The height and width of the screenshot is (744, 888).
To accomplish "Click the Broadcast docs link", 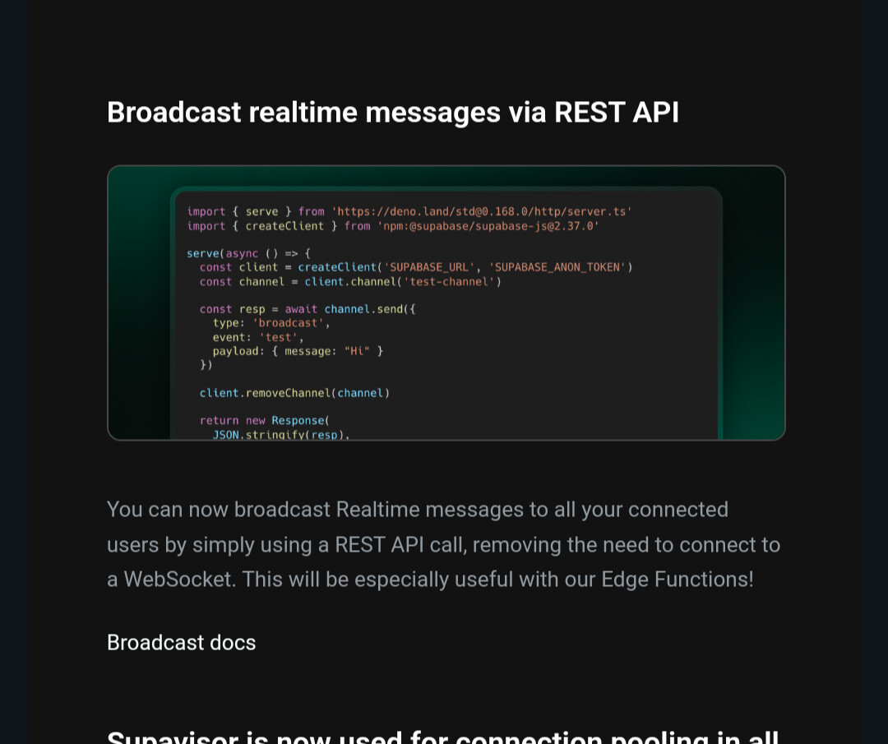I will [x=181, y=642].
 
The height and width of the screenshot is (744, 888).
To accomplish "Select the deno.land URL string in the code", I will [x=482, y=211].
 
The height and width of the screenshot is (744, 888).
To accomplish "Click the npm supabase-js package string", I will [x=488, y=225].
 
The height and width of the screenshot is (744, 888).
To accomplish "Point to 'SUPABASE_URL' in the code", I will [x=429, y=266].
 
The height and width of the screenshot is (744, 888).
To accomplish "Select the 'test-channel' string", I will [x=449, y=281].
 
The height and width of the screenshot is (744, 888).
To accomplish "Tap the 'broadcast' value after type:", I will [x=288, y=323].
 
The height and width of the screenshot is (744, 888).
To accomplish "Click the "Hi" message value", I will [x=357, y=351].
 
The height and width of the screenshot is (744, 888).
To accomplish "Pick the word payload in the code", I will [x=236, y=351].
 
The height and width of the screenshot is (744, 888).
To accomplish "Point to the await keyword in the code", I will [x=301, y=309].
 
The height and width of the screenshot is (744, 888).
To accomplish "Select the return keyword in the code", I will [x=219, y=420].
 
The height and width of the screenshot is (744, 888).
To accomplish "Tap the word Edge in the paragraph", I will [x=625, y=579].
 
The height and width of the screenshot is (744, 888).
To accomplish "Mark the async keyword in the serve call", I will [x=242, y=253].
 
